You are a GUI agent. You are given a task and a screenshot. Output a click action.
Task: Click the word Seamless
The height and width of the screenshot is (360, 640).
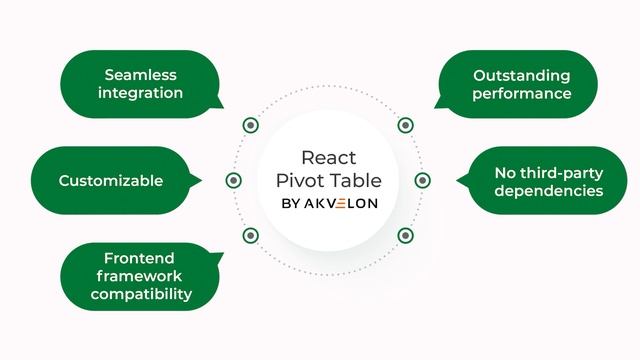click(x=140, y=75)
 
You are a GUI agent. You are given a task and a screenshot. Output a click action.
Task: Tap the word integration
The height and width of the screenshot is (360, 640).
click(x=140, y=93)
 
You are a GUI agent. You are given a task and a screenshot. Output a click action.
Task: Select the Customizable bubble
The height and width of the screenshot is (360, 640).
click(x=110, y=181)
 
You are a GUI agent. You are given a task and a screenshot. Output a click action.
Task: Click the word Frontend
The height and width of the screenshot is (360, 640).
click(x=140, y=258)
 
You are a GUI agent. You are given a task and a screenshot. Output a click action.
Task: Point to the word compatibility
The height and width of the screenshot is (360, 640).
click(x=141, y=294)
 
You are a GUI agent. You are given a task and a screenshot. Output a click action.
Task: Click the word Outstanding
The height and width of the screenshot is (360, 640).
click(x=522, y=75)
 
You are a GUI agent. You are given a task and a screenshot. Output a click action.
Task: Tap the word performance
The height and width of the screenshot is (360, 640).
click(x=522, y=93)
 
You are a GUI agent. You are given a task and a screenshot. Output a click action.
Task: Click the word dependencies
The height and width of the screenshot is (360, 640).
click(x=549, y=190)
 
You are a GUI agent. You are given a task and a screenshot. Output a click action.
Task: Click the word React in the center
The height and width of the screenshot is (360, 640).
click(x=328, y=158)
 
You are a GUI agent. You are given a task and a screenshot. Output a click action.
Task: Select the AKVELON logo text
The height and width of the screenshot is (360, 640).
click(x=339, y=203)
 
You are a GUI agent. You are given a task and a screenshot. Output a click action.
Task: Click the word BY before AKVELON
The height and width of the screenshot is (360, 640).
click(x=290, y=203)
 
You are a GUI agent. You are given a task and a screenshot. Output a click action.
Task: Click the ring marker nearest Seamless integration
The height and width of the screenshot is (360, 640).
click(x=250, y=125)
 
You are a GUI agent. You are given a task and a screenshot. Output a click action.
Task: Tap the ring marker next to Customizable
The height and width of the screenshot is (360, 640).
click(x=234, y=181)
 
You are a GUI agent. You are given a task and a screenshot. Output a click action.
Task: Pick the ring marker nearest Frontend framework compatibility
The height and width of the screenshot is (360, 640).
click(x=250, y=236)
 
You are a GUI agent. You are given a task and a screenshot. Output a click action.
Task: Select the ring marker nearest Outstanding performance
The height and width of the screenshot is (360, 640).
click(x=405, y=125)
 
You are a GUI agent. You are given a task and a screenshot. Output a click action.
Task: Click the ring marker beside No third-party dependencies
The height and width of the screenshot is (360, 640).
click(x=422, y=181)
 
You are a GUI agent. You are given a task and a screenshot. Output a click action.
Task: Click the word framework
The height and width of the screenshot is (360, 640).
click(x=141, y=276)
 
